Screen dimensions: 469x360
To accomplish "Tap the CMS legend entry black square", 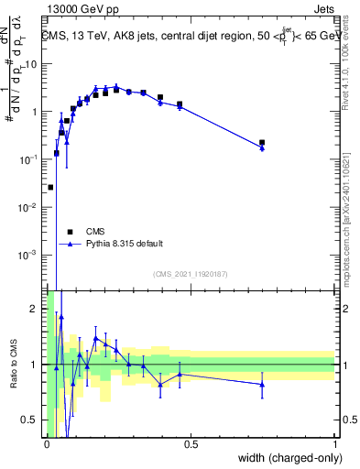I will pyautogui.click(x=68, y=232).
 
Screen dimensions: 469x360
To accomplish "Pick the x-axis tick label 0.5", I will pyautogui.click(x=191, y=444).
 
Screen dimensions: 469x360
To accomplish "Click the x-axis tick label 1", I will pyautogui.click(x=335, y=444).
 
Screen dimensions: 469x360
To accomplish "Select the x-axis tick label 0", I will pyautogui.click(x=47, y=444).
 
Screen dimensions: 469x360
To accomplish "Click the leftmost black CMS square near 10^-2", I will pyautogui.click(x=50, y=187).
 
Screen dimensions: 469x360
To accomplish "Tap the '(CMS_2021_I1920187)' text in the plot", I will pyautogui.click(x=191, y=273).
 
